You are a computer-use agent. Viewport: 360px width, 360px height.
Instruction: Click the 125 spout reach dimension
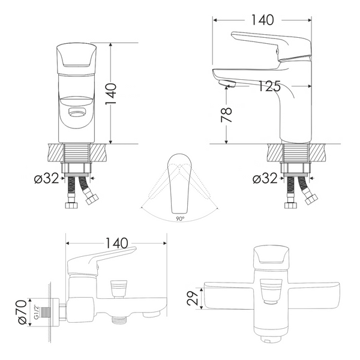(x=269, y=86)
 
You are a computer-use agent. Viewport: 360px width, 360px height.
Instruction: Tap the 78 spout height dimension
(x=226, y=115)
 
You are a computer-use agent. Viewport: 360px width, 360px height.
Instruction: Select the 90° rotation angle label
(x=180, y=219)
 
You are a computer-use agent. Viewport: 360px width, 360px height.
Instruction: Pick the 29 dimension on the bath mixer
(x=193, y=298)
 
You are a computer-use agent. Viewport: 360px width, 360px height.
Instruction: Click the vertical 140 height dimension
(x=111, y=94)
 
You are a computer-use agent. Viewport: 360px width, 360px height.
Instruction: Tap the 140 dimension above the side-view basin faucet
(x=263, y=20)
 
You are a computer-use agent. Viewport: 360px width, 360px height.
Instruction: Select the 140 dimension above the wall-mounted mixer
(x=116, y=243)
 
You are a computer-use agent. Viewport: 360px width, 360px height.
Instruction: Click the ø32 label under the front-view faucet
(x=47, y=178)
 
